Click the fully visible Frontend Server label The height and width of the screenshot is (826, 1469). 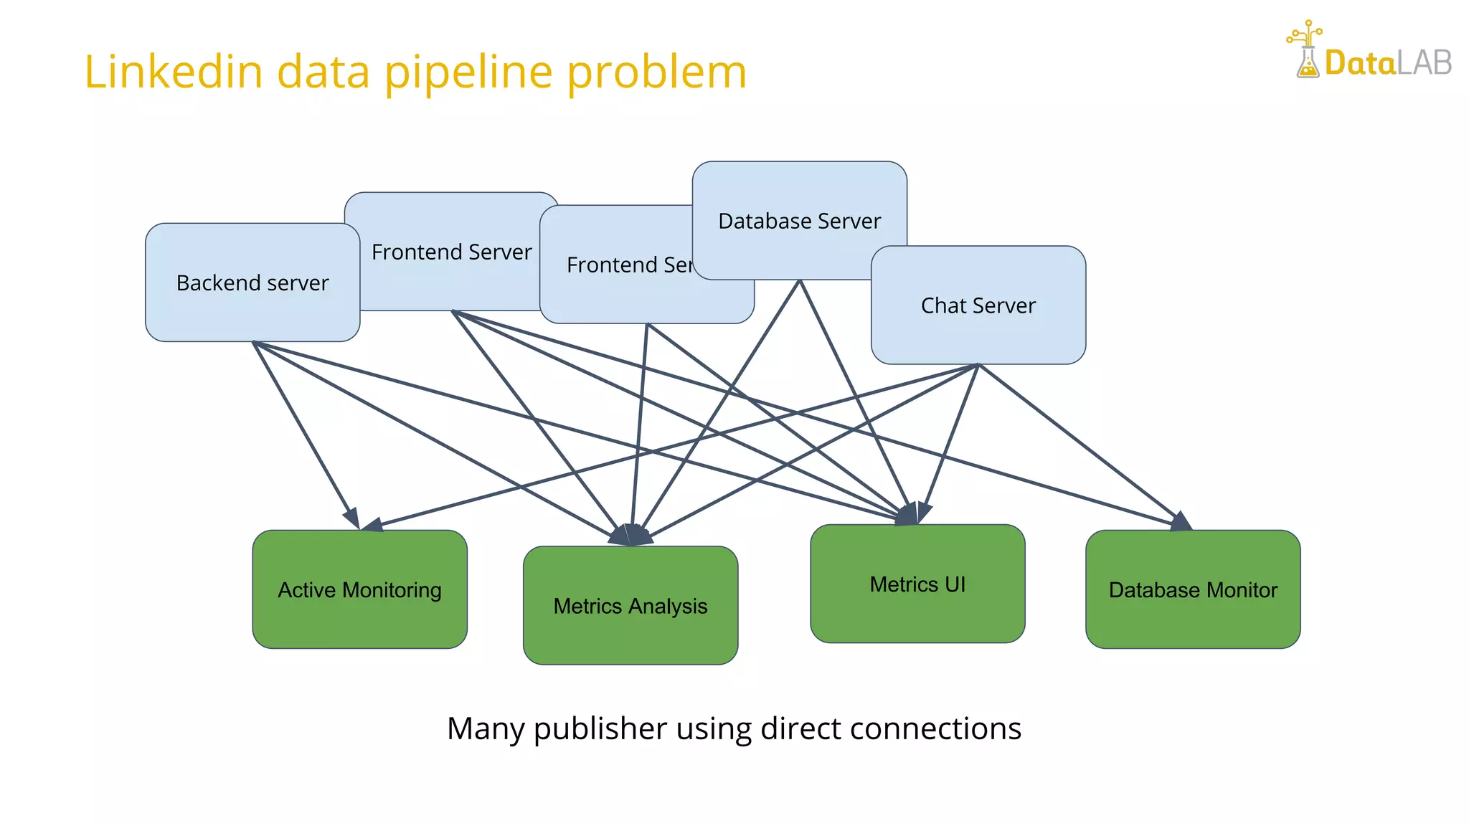[x=451, y=252]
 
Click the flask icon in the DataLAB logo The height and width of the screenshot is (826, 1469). [x=1307, y=60]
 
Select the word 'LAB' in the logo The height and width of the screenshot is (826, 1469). [x=1424, y=63]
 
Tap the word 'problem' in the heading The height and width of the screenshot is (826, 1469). [x=656, y=73]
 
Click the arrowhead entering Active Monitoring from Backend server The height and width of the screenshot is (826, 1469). [x=351, y=518]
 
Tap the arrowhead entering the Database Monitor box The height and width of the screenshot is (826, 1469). [x=1181, y=522]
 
